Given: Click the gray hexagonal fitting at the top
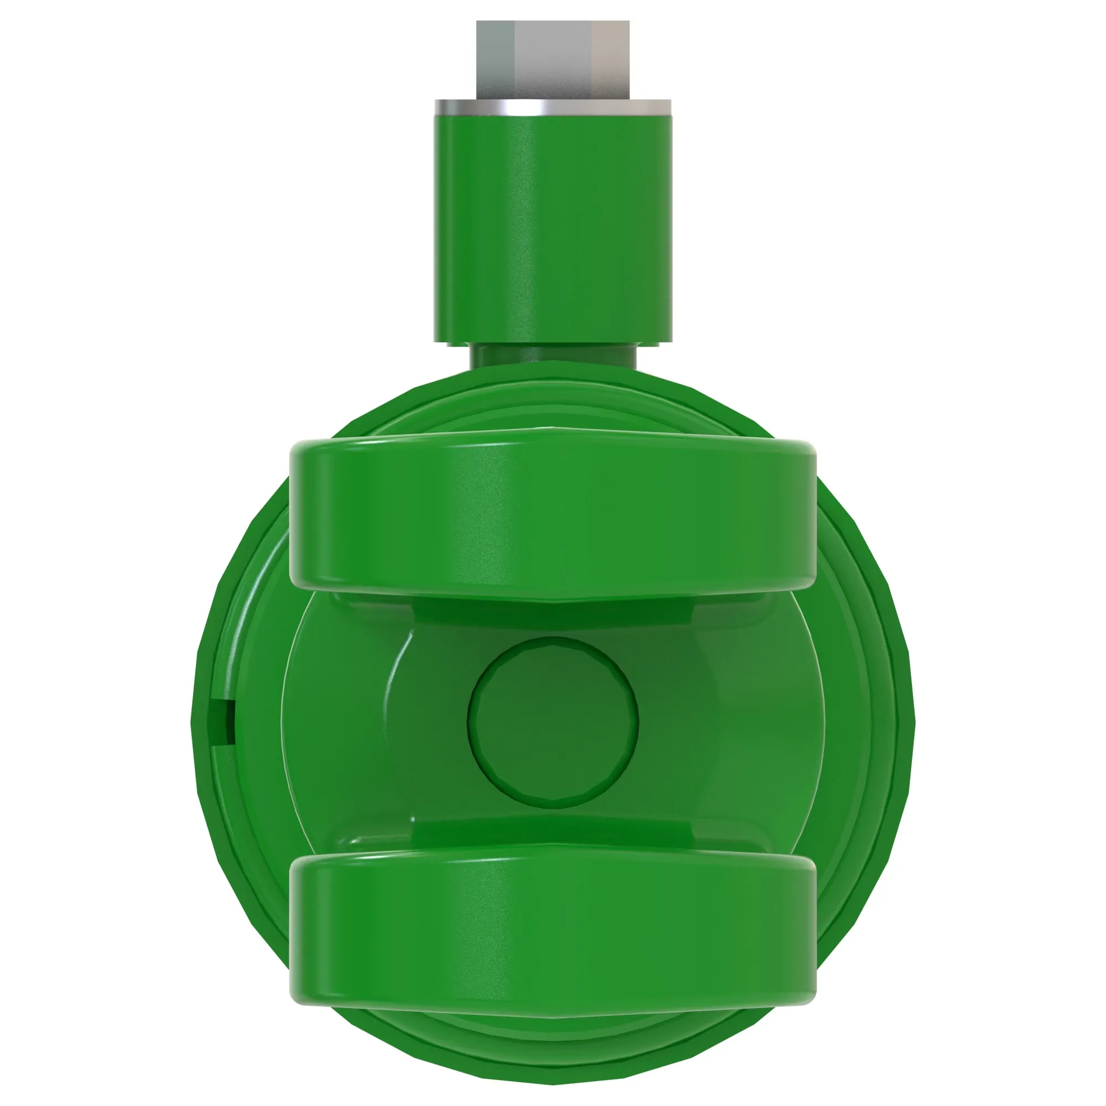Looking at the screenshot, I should click(553, 60).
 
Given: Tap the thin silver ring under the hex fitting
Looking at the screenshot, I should click(553, 108).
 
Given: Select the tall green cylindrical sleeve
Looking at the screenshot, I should click(553, 229).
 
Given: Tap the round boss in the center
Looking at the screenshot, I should click(553, 722).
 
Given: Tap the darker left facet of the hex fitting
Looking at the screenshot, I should click(495, 60).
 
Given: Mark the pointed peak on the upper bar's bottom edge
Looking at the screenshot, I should click(553, 601).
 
